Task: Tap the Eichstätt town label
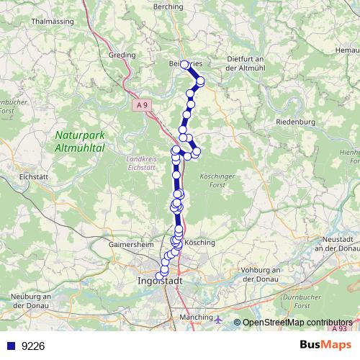point(34,176)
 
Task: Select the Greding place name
point(121,55)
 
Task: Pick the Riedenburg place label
point(296,122)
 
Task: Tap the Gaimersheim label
point(131,244)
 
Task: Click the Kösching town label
point(200,243)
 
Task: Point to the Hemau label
point(347,50)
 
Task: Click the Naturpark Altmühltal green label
point(80,140)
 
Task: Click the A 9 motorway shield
point(144,106)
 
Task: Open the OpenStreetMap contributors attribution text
point(297,323)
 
